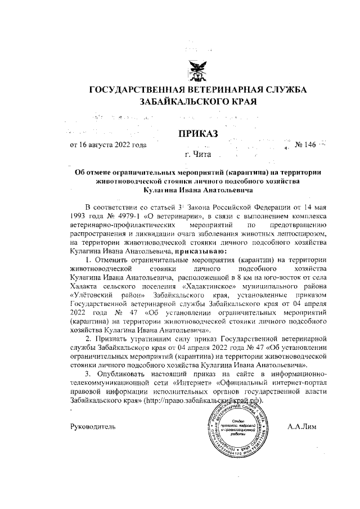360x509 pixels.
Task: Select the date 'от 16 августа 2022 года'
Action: coord(107,145)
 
